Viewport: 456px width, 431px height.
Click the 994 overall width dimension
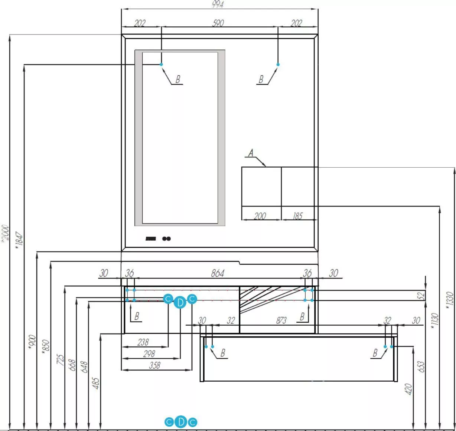(x=218, y=4)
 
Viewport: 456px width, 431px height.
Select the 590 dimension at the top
(x=218, y=23)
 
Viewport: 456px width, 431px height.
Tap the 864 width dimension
(x=218, y=273)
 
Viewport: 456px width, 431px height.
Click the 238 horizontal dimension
(x=143, y=342)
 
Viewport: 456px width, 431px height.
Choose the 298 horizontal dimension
(x=149, y=354)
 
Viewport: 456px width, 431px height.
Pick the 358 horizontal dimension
(x=155, y=365)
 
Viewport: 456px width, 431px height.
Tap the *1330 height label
(x=449, y=300)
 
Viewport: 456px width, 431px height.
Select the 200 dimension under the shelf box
(x=260, y=216)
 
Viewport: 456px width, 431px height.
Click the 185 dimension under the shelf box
(x=297, y=216)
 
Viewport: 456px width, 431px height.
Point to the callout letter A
(x=251, y=153)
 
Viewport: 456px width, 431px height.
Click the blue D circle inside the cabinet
(x=180, y=302)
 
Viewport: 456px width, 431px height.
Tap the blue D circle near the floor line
(x=181, y=422)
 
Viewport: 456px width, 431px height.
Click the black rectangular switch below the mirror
(x=150, y=238)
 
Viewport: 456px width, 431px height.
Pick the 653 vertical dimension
(x=421, y=366)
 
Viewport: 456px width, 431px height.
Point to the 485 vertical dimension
(x=95, y=383)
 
